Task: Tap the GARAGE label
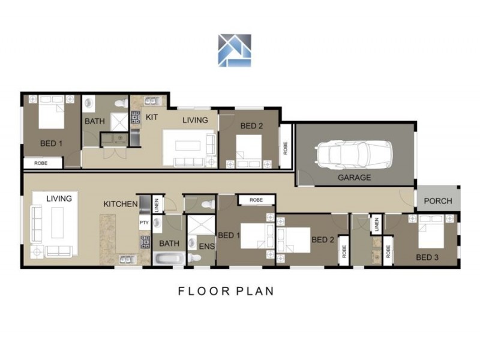(x=354, y=178)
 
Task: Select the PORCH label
(x=438, y=201)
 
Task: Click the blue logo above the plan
(x=235, y=50)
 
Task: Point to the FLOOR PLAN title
(x=226, y=291)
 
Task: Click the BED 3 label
(x=427, y=257)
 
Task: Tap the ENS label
(x=206, y=246)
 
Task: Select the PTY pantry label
(x=144, y=223)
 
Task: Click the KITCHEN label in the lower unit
(x=121, y=204)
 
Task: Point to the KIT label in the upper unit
(x=152, y=117)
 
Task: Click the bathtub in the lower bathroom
(x=169, y=259)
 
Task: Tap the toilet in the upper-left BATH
(x=121, y=103)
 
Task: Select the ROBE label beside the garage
(x=286, y=148)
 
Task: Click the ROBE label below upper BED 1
(x=41, y=163)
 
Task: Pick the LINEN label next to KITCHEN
(x=157, y=205)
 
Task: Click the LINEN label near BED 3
(x=377, y=224)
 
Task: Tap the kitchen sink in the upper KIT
(x=151, y=101)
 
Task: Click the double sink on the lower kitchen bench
(x=128, y=260)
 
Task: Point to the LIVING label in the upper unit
(x=195, y=121)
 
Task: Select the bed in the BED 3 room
(x=431, y=232)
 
